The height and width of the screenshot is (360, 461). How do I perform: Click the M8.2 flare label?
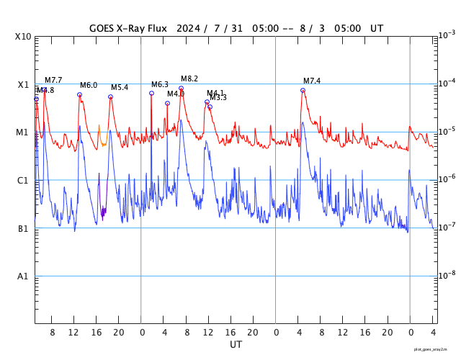point(189,78)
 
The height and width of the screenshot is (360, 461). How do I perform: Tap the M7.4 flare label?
point(312,81)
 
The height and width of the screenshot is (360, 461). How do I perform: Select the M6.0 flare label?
point(89,85)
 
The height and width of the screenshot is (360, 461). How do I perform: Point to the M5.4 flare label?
point(120,87)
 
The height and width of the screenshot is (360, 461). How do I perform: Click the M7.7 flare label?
point(53,80)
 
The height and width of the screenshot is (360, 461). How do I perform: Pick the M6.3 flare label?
point(159,84)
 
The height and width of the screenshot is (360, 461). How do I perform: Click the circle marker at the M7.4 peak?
point(303,90)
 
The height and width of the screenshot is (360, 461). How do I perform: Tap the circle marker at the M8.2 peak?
point(181,88)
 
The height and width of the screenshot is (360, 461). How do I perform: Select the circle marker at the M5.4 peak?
point(110,96)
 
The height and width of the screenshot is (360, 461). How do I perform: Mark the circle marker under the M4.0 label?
point(167,103)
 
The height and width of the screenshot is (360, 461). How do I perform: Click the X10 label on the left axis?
point(24,36)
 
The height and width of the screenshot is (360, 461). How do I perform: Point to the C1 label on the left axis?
point(24,180)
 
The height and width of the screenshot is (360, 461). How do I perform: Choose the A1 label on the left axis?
point(24,276)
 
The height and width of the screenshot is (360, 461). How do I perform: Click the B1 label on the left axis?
point(24,228)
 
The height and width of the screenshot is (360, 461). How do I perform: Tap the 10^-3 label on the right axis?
point(446,35)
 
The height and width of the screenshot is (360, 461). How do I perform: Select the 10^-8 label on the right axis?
point(446,275)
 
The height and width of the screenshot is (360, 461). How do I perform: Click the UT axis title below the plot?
point(236,344)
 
